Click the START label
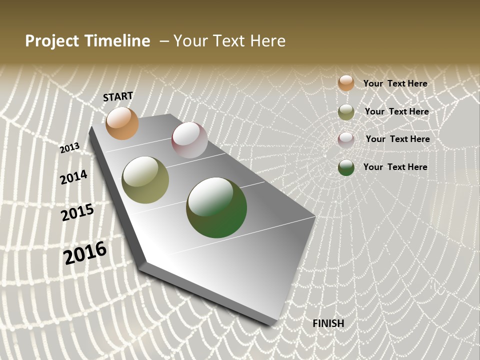[118, 96]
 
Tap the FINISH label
[328, 323]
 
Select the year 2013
[69, 147]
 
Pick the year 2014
[73, 177]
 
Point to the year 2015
[77, 212]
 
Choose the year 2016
[85, 253]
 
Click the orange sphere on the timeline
[122, 123]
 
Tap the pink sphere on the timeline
[189, 140]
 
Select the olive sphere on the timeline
[145, 180]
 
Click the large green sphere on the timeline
[216, 207]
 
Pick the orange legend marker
[346, 83]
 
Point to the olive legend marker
[346, 112]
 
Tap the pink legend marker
[346, 139]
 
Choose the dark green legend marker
[346, 167]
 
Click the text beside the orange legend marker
[395, 83]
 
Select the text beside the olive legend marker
[396, 111]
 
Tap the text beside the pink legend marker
[397, 139]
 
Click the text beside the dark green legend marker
[395, 167]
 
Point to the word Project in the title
[52, 41]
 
